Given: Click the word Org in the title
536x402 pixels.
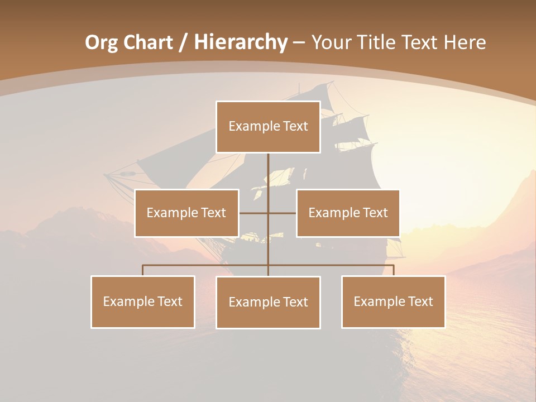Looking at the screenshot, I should point(102,42).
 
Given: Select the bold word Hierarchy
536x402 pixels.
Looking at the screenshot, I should point(241,42).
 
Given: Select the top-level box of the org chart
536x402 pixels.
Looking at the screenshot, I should point(268,127).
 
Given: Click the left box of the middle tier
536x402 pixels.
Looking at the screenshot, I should point(186,213).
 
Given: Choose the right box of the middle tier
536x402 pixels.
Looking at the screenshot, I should point(348,213).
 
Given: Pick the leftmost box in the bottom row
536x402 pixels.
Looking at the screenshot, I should point(143,301).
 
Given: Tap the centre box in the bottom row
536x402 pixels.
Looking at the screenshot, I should point(268,302).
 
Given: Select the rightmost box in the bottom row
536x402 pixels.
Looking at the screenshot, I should point(393,301).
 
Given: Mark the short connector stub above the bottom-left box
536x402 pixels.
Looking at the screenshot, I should point(143,270).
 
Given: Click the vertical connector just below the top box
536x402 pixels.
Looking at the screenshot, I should point(268,167).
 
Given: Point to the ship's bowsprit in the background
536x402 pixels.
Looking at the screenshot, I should point(120,175).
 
